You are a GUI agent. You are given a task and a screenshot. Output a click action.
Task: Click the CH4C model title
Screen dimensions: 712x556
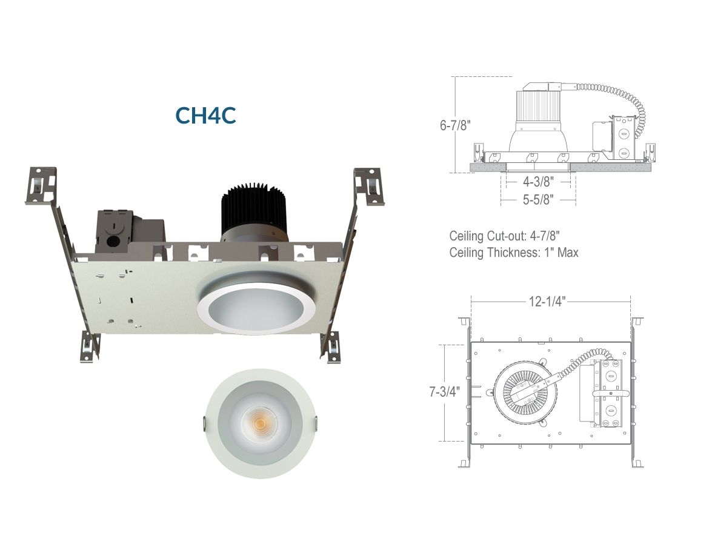click(x=205, y=115)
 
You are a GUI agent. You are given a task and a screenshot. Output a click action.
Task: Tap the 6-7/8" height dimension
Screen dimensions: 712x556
click(x=455, y=125)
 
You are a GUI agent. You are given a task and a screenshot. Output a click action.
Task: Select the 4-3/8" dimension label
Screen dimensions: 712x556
click(x=538, y=182)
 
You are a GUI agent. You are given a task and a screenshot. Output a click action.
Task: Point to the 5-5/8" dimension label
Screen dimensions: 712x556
click(x=538, y=199)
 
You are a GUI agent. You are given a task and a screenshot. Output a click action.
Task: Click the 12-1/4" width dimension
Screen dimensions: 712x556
click(x=547, y=301)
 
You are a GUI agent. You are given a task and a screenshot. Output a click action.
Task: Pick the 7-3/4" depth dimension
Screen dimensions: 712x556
click(x=445, y=391)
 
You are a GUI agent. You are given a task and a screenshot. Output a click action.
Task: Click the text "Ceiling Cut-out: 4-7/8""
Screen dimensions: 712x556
click(x=504, y=236)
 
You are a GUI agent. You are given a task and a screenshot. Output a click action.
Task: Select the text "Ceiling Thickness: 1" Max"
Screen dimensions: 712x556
click(x=514, y=253)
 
